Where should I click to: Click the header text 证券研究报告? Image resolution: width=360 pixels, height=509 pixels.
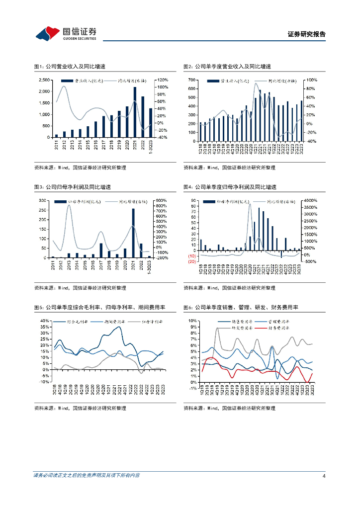307,34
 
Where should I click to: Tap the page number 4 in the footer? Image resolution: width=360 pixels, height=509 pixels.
323,475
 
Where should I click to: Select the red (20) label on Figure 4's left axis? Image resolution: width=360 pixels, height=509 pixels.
191,261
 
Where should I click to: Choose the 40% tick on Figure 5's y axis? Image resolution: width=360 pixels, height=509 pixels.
44,321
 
